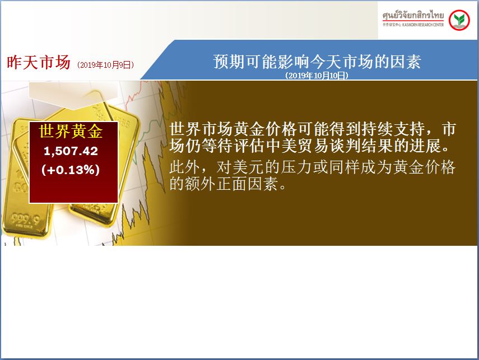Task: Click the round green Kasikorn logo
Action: (x=459, y=20)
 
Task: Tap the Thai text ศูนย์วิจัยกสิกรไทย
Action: (x=413, y=15)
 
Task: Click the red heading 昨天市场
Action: (x=39, y=62)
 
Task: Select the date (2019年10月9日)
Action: (x=105, y=65)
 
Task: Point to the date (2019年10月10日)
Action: (x=317, y=76)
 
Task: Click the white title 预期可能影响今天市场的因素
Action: (x=317, y=62)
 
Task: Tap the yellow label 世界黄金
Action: (x=71, y=132)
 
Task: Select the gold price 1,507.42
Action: (x=71, y=151)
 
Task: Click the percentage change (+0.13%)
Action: (x=71, y=170)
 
